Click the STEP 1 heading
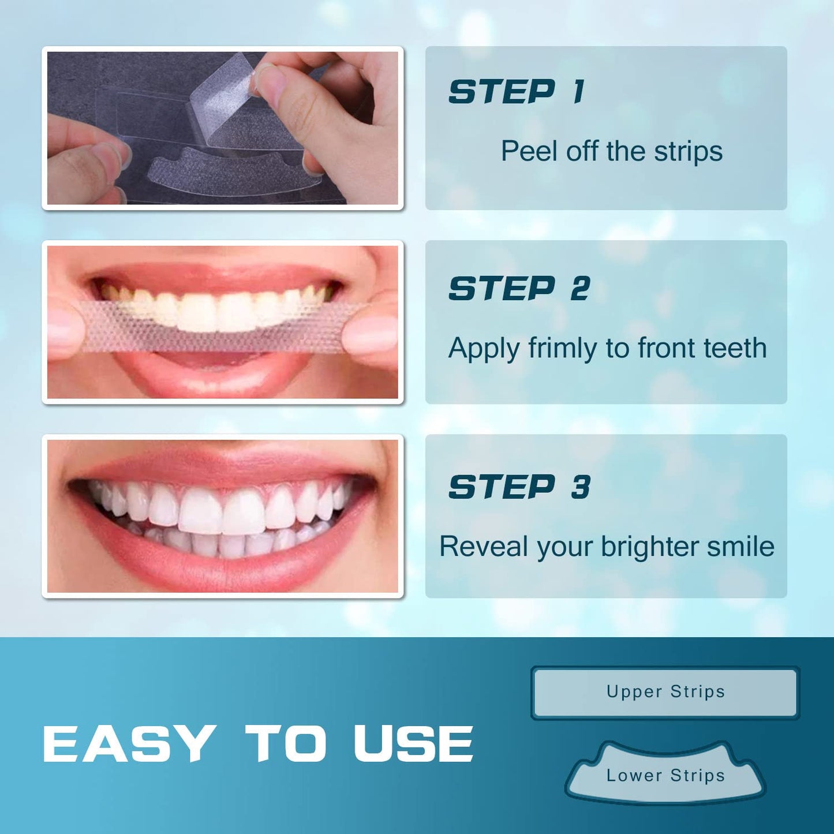pos(517,92)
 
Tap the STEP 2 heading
pos(519,289)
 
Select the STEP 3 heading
pos(519,487)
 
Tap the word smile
pos(740,547)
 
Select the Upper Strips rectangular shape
pos(665,692)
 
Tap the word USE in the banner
pos(413,743)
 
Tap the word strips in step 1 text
pos(688,151)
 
